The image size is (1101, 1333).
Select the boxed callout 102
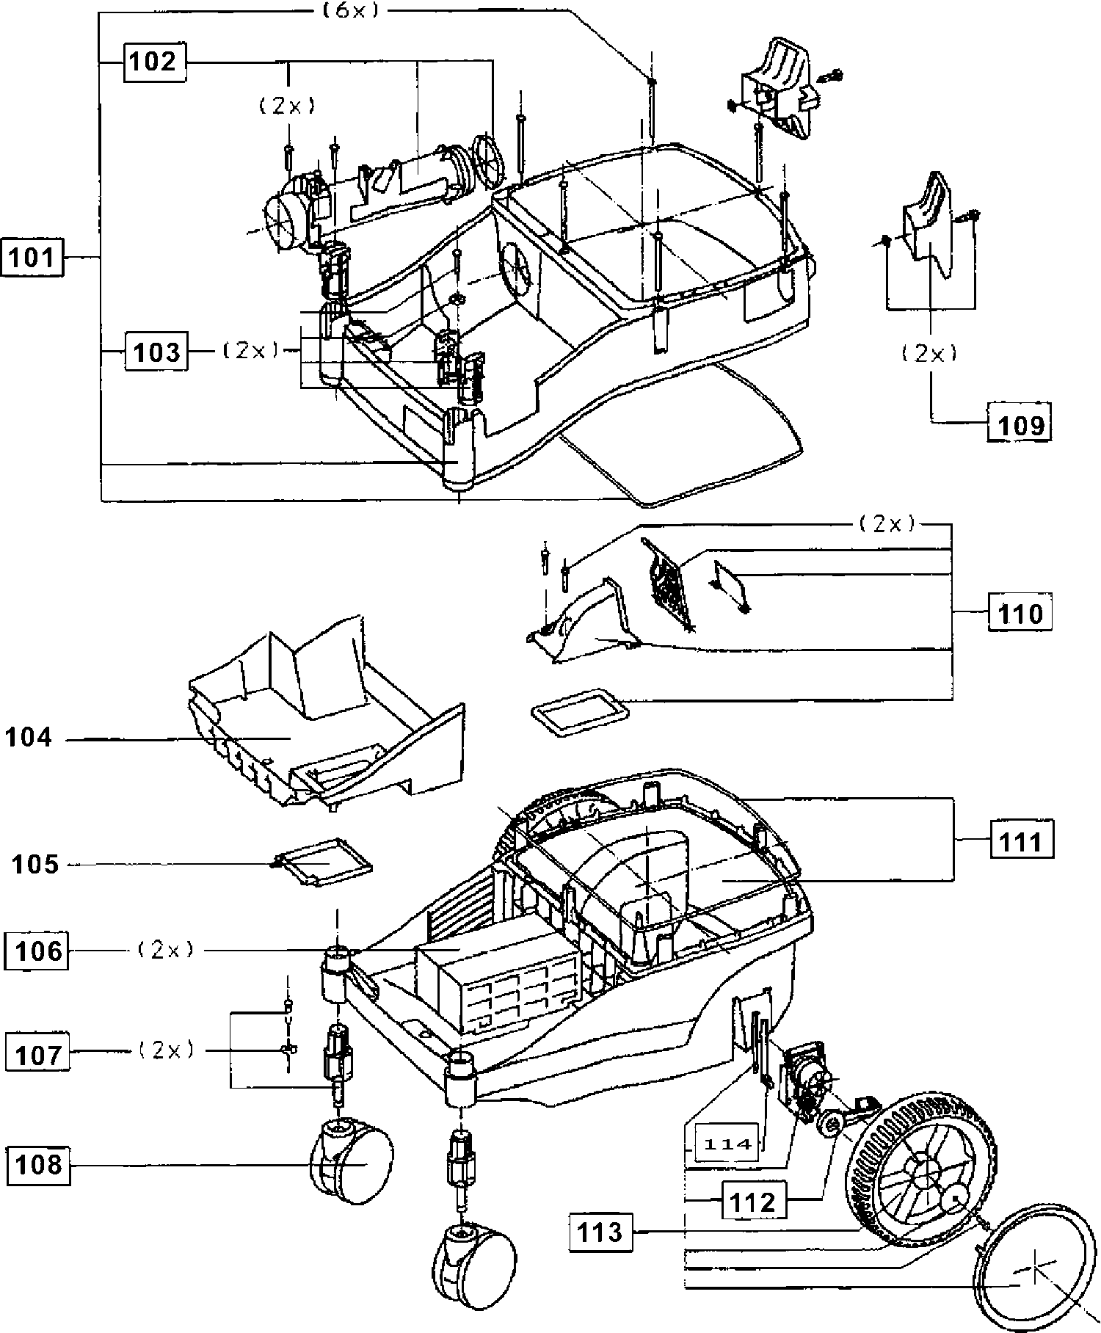153,62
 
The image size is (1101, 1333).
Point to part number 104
29,737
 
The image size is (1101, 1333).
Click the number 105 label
35,864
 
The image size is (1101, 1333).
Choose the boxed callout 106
37,951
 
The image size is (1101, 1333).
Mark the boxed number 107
37,1055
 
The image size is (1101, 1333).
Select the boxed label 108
39,1165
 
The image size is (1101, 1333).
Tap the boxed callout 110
1020,612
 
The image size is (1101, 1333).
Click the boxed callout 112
753,1202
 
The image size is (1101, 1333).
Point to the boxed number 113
600,1232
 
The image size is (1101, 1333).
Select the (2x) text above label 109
930,353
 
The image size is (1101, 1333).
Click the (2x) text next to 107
167,1050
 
